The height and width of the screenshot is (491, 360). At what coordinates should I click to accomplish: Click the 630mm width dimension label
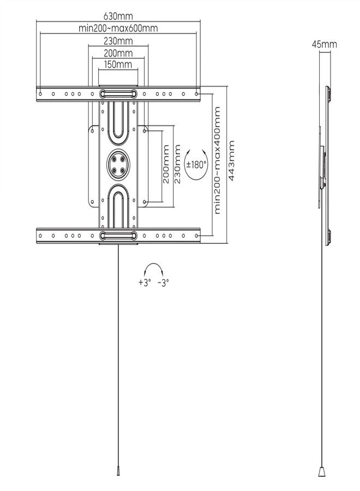(118, 16)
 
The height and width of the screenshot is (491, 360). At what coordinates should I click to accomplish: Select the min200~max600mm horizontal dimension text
(118, 28)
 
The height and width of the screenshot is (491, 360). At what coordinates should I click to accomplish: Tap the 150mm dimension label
(118, 64)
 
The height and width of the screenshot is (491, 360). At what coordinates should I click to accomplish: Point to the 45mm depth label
(325, 44)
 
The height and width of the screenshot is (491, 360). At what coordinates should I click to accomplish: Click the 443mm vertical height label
(232, 160)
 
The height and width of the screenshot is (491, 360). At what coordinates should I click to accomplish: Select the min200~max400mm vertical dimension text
(217, 160)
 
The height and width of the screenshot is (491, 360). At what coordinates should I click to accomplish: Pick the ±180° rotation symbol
(196, 164)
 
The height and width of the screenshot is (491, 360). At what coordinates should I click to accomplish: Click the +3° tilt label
(145, 283)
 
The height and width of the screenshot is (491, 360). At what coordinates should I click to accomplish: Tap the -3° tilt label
(163, 283)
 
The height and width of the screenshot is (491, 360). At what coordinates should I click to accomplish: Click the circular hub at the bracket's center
(118, 164)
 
